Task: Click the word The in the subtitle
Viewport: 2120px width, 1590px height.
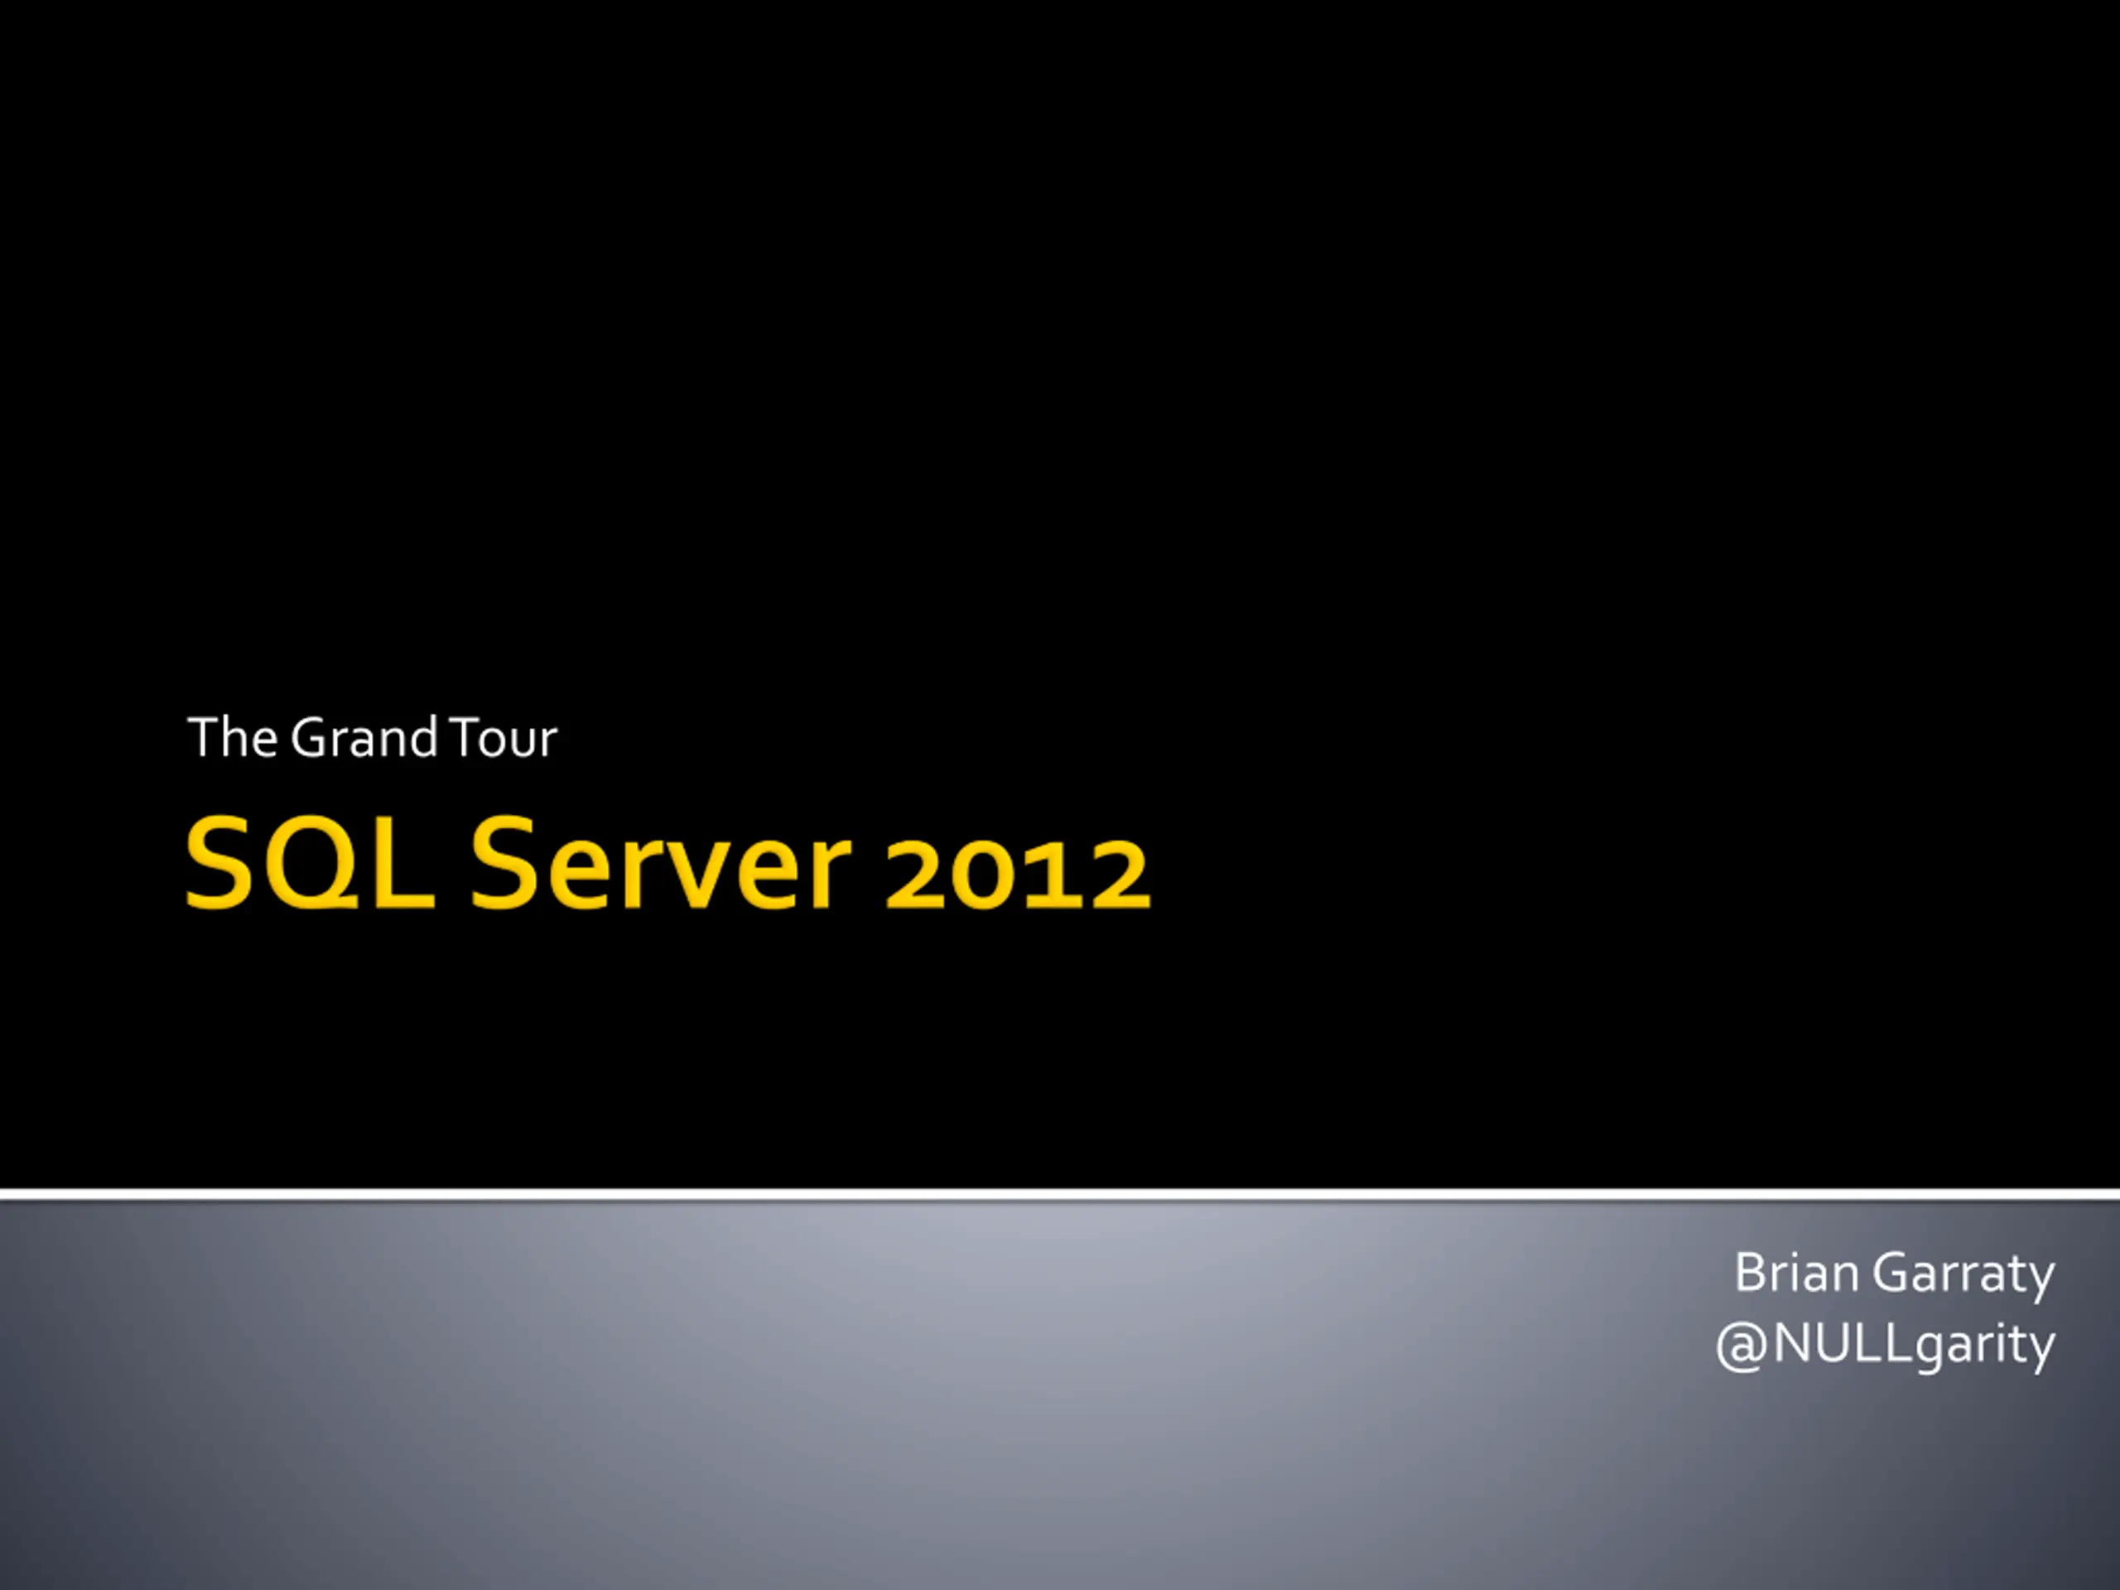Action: [233, 738]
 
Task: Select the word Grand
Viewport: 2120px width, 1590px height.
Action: [364, 738]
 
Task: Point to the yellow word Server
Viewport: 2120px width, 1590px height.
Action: [660, 864]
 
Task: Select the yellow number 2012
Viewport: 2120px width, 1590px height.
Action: [1018, 872]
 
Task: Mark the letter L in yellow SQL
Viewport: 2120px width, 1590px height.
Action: [402, 864]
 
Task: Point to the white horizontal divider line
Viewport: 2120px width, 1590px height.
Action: [1060, 1195]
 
